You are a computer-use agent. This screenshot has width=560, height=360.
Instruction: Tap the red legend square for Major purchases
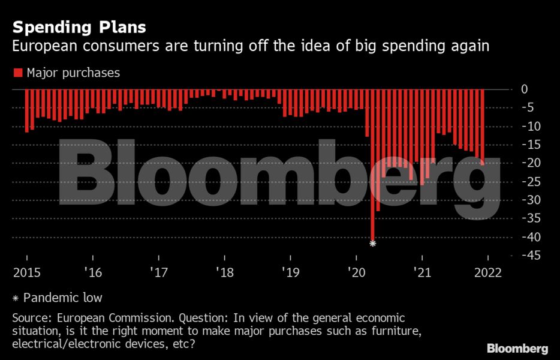pyautogui.click(x=17, y=73)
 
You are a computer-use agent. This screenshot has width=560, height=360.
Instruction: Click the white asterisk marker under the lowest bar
pyautogui.click(x=372, y=243)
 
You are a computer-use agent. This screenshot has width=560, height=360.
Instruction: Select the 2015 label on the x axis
pyautogui.click(x=26, y=272)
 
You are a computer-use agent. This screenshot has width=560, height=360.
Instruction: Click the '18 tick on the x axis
pyautogui.click(x=225, y=272)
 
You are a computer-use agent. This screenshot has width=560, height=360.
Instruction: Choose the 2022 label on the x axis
pyautogui.click(x=486, y=272)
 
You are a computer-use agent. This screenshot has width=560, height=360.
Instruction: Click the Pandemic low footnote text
pyautogui.click(x=64, y=298)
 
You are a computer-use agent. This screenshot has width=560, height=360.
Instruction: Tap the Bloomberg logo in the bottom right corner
pyautogui.click(x=517, y=348)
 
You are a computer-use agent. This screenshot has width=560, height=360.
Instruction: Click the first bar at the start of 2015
pyautogui.click(x=26, y=110)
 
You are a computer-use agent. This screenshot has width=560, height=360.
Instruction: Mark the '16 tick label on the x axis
pyautogui.click(x=94, y=272)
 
